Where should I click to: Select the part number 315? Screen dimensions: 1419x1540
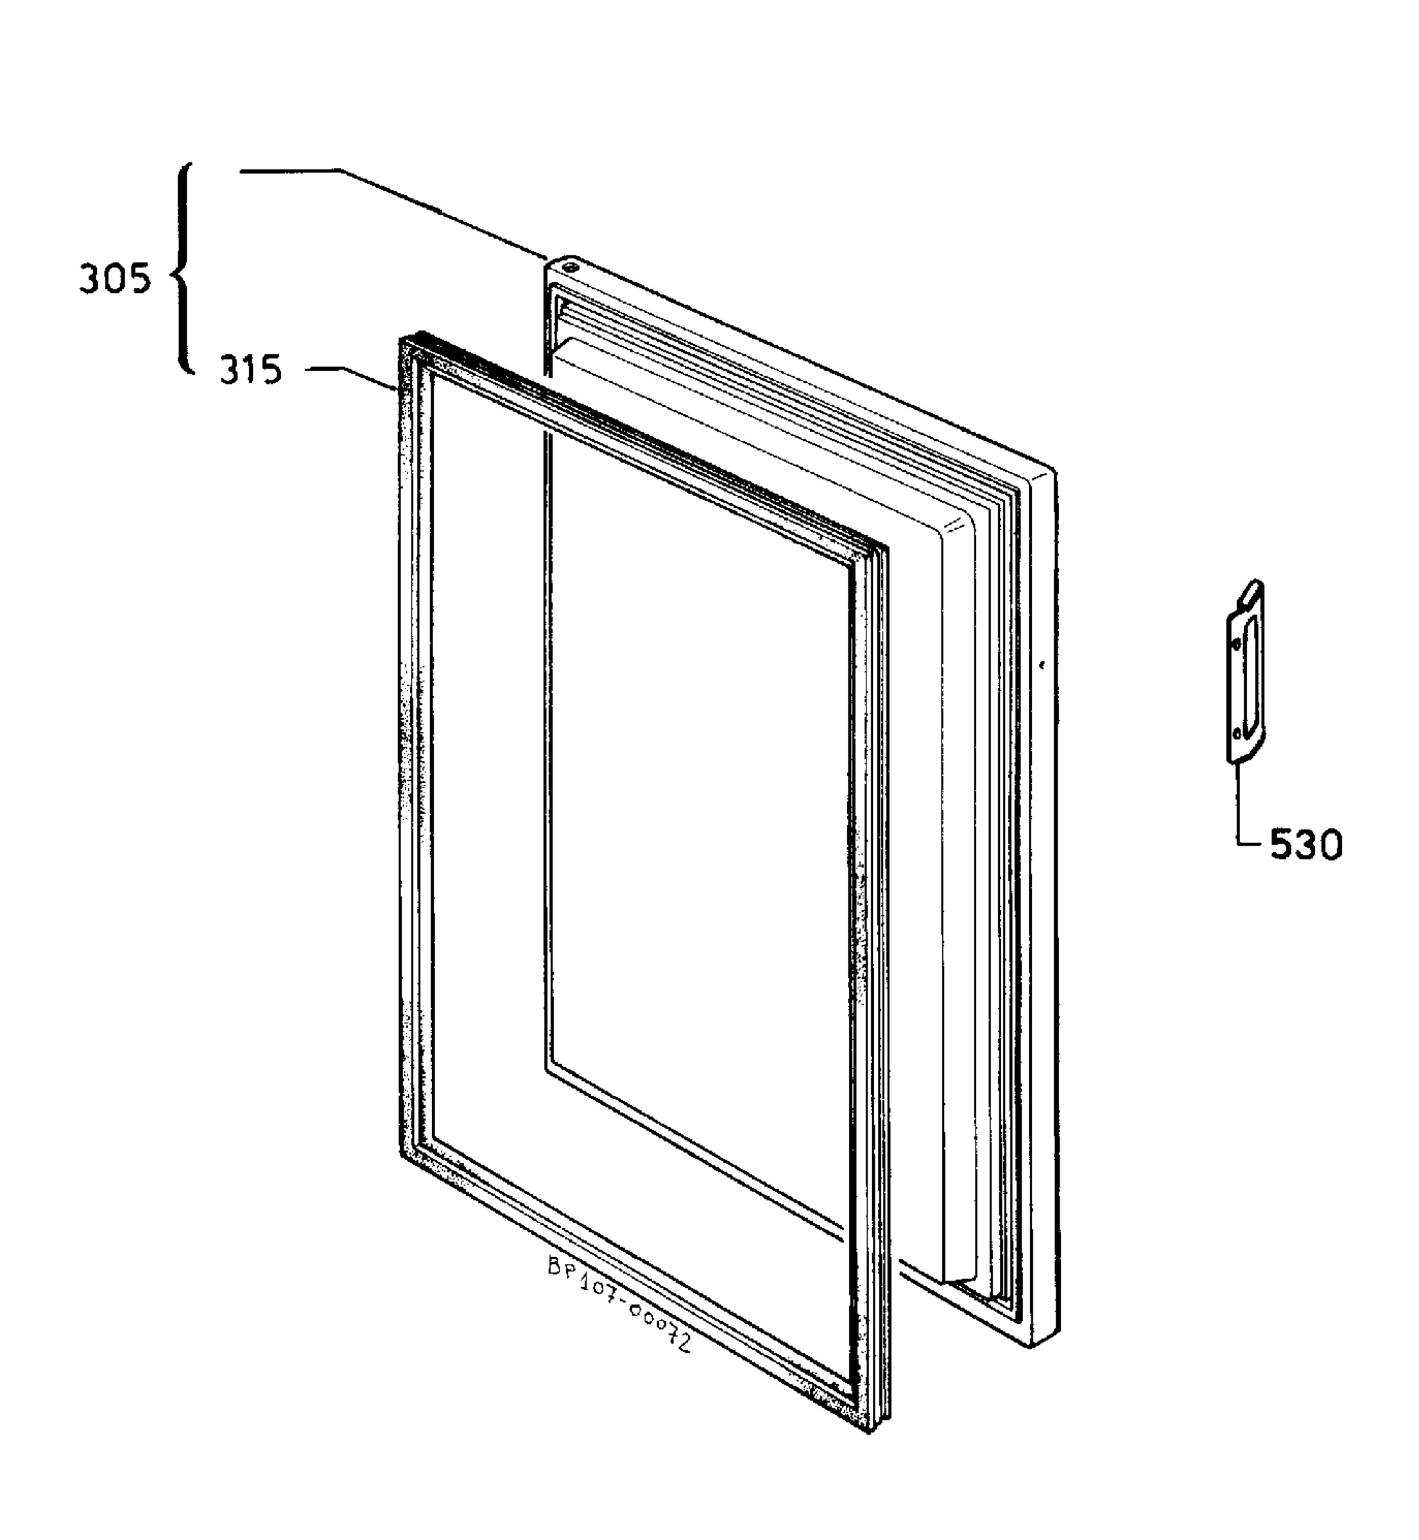[251, 372]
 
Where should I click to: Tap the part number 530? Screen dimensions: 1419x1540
[1305, 845]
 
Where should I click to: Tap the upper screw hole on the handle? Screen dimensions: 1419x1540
[1235, 645]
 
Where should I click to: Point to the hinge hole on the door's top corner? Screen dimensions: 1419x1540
[570, 267]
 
